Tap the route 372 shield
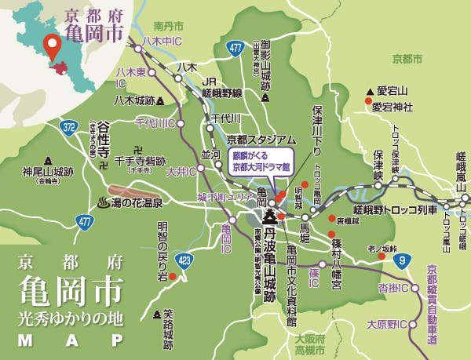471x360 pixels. click(70, 125)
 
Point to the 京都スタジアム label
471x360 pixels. click(261, 139)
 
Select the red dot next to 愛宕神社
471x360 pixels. click(367, 101)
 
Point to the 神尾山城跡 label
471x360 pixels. click(48, 169)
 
